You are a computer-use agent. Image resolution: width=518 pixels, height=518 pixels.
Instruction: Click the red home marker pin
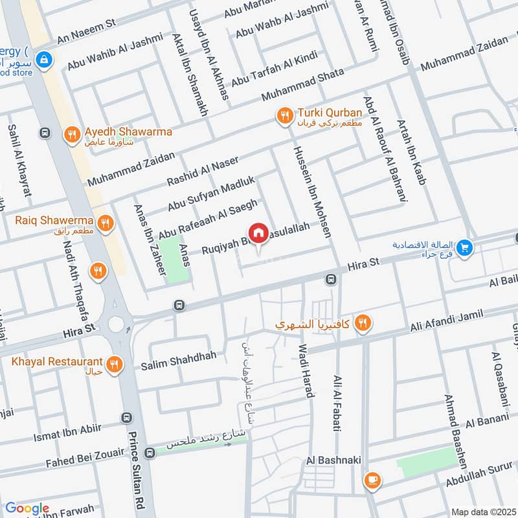(x=258, y=232)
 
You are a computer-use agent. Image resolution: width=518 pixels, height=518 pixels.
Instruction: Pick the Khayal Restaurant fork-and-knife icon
(x=115, y=365)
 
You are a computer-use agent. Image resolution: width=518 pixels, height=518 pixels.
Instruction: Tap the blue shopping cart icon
(x=464, y=248)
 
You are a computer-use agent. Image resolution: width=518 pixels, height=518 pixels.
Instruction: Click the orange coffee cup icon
(x=372, y=480)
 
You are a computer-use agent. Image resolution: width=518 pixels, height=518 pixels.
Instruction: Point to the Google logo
(x=27, y=508)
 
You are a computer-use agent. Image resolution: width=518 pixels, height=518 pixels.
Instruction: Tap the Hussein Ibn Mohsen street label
(x=313, y=191)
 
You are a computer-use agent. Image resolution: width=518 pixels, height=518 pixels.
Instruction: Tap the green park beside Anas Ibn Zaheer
(x=175, y=260)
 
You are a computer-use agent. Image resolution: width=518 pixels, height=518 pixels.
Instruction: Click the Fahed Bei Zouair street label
(x=84, y=464)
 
